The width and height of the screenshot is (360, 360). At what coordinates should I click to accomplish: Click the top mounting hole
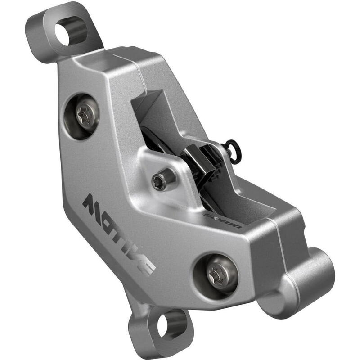tap(65, 35)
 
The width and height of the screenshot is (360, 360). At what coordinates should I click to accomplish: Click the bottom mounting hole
tap(165, 327)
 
